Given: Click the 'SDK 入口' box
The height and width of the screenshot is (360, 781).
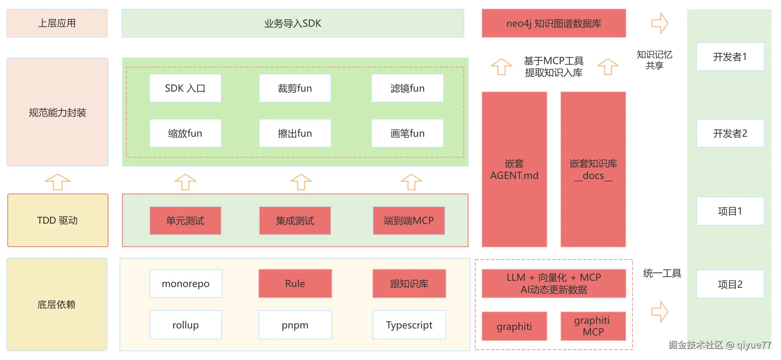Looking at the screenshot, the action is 185,88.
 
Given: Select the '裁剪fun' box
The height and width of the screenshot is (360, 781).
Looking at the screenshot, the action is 295,88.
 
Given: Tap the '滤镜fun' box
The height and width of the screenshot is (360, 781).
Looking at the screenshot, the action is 407,88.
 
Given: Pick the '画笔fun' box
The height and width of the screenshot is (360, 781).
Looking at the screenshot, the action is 407,133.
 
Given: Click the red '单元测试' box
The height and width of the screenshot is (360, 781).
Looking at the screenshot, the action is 185,221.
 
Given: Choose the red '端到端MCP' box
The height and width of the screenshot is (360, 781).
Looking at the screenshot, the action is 409,221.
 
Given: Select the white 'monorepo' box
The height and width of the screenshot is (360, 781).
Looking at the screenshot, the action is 186,284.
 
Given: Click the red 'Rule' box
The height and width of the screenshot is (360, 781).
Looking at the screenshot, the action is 295,284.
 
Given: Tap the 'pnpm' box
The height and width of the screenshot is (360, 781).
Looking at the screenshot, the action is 295,325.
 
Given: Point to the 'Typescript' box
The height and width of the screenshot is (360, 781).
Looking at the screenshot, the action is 409,325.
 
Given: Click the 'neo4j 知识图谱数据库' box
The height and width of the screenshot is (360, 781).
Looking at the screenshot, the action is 554,23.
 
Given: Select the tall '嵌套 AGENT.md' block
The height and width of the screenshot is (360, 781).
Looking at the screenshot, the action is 514,169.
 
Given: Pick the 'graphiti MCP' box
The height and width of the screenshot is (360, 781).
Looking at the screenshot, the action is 593,326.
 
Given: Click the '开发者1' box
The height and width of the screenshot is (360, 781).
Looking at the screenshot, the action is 730,57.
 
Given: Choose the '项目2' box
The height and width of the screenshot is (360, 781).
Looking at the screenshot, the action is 730,284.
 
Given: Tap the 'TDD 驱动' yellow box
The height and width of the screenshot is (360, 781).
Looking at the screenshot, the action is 58,220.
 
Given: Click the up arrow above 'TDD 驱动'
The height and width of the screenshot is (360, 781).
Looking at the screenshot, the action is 58,182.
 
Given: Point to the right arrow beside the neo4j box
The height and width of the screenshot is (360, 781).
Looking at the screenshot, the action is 660,23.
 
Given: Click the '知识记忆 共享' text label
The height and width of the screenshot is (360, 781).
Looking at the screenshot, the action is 654,60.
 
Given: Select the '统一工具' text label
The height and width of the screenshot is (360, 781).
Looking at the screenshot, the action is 662,273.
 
